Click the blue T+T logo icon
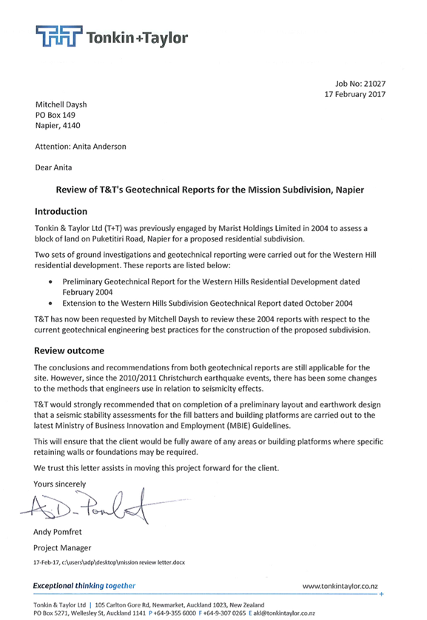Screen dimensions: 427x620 [x=59, y=36]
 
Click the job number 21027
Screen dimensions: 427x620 [x=374, y=84]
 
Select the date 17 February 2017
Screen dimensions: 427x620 [x=355, y=95]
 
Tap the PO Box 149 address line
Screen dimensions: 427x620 [x=56, y=115]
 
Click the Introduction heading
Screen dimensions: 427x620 [x=61, y=212]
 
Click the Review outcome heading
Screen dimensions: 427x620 [x=69, y=350]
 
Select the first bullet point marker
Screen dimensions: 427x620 [x=50, y=282]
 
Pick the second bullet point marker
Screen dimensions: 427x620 [x=50, y=304]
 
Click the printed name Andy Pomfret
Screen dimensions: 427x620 [x=58, y=532]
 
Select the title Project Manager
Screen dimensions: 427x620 [x=62, y=548]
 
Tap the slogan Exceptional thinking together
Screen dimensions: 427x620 [x=84, y=586]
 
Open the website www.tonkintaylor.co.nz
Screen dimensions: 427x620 [x=340, y=587]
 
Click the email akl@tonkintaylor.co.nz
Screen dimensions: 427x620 [x=284, y=613]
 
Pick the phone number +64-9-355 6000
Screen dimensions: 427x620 [x=174, y=613]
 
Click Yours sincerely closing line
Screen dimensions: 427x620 [x=60, y=484]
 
